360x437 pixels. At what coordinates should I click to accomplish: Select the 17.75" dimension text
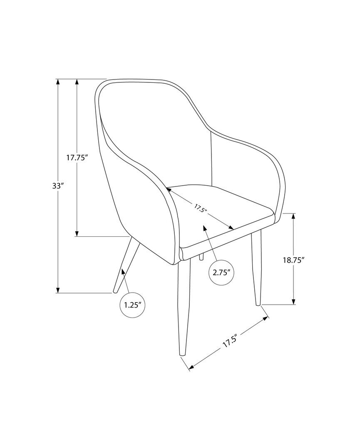77,157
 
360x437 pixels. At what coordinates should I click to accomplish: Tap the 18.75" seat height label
294,260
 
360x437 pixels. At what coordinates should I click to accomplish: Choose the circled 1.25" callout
133,305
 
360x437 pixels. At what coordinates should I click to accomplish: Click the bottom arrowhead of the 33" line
58,290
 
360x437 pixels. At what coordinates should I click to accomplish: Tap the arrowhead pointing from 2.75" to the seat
205,228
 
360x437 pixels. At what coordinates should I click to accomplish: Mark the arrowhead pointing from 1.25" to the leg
122,271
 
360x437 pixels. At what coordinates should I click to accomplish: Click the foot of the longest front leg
182,354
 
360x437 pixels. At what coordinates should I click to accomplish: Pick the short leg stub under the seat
201,257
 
